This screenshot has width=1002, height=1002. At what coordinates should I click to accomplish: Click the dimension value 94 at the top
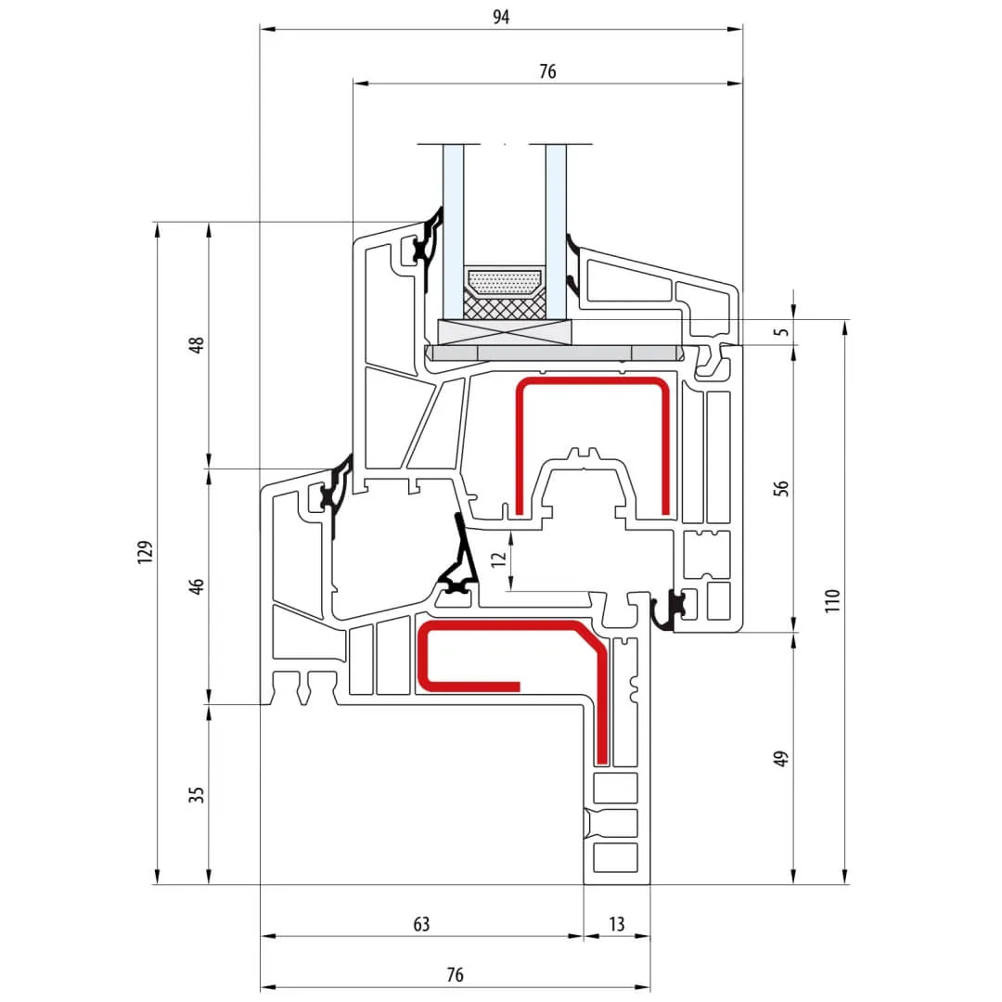pos(501,17)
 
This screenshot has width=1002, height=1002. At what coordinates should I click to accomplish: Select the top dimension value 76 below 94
pos(547,71)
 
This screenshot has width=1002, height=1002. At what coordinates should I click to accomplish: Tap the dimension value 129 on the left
pos(144,552)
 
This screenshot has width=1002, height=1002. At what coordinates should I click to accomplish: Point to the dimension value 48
pos(197,345)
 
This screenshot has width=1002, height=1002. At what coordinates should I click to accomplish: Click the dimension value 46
pos(197,586)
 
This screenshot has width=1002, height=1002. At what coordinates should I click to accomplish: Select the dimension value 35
pos(197,794)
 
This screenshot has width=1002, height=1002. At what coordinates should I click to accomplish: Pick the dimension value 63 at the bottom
pos(421,924)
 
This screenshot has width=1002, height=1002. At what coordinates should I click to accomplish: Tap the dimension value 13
pos(617,924)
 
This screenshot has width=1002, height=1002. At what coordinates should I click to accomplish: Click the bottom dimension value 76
pos(455,975)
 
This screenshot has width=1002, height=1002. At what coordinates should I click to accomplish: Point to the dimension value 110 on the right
pos(832,600)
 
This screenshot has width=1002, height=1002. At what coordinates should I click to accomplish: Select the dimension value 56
pos(781,488)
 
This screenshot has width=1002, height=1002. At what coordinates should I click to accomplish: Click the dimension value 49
pos(781,758)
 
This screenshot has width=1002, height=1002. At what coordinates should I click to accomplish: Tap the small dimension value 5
pos(781,331)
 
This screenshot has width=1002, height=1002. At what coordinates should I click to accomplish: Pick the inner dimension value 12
pos(499,559)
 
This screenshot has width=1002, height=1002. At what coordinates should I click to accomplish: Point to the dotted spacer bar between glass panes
pos(504,282)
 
